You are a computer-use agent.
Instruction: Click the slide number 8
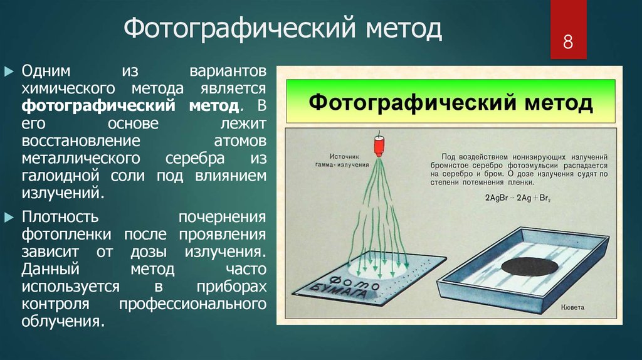(568, 42)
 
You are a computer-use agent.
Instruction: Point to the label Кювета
(572, 307)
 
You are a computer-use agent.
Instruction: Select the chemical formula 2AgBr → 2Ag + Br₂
(517, 198)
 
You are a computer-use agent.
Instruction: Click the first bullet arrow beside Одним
(9, 71)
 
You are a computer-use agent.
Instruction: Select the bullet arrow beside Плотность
(9, 218)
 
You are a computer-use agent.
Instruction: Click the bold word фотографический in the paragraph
(98, 106)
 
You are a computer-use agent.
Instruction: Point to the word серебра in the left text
(195, 159)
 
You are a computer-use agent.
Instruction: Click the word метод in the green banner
(559, 102)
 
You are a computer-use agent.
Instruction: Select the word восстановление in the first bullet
(81, 141)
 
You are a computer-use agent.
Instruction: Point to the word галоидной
(60, 176)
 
